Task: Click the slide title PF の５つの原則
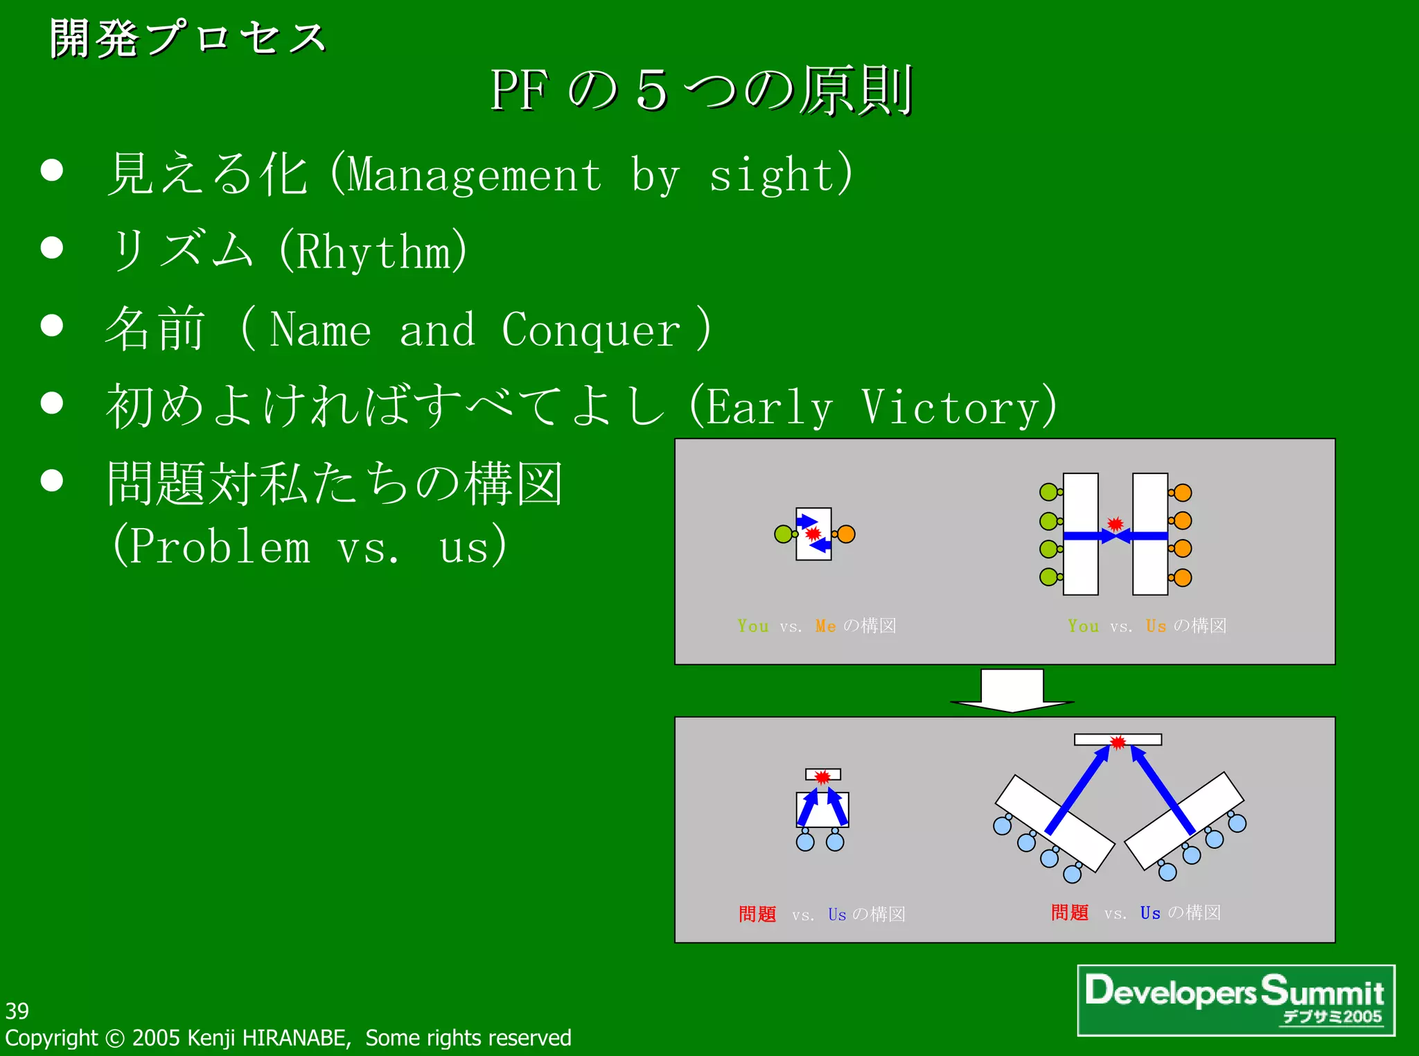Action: [x=701, y=91]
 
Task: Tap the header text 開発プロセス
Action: [x=188, y=38]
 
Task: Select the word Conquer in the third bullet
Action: [x=590, y=330]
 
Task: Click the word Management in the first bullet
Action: [x=475, y=175]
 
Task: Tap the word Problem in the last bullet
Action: [x=220, y=546]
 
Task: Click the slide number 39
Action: [x=17, y=1011]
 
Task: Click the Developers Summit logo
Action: [x=1235, y=1000]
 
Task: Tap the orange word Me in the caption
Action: [x=825, y=626]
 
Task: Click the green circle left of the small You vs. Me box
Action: [x=783, y=534]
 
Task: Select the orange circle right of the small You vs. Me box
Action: [x=846, y=534]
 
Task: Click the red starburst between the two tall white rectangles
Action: [x=1115, y=524]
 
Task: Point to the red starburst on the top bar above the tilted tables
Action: [x=1118, y=743]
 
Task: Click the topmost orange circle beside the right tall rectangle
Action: [x=1182, y=493]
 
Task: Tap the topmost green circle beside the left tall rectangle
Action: [x=1048, y=493]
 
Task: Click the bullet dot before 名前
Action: [x=52, y=325]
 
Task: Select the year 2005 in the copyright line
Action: [x=156, y=1038]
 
